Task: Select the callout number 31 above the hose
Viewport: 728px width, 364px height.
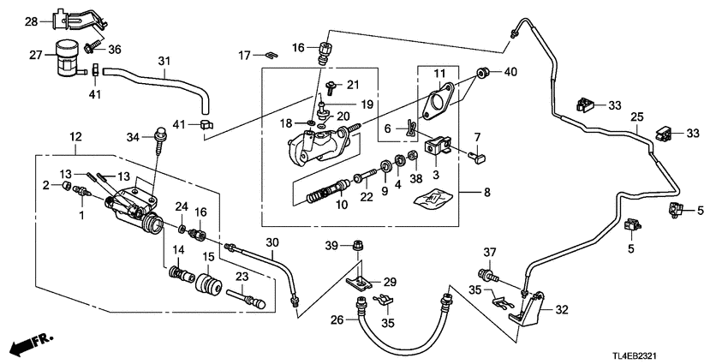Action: point(165,61)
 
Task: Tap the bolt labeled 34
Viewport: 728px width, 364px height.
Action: point(159,136)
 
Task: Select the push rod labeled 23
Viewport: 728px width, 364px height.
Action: point(245,299)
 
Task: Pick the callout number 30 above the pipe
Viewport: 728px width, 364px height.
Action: point(272,242)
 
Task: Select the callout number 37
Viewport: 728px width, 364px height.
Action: point(489,251)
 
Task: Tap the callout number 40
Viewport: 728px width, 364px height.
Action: point(512,72)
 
